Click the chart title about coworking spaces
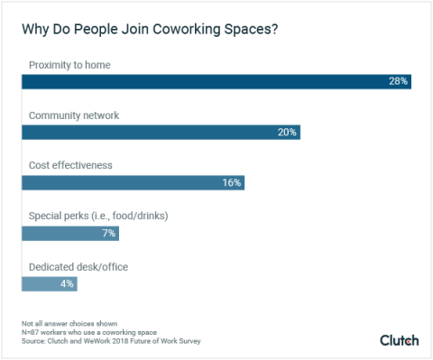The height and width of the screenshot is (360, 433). coord(149,29)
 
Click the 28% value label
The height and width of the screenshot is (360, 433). coord(398,81)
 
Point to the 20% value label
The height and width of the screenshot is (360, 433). coord(286,132)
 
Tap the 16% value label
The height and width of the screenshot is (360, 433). coord(231,182)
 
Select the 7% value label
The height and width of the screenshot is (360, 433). coord(107,233)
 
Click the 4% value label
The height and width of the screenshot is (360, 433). coord(66,283)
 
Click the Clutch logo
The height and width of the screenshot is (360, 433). coord(399,339)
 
